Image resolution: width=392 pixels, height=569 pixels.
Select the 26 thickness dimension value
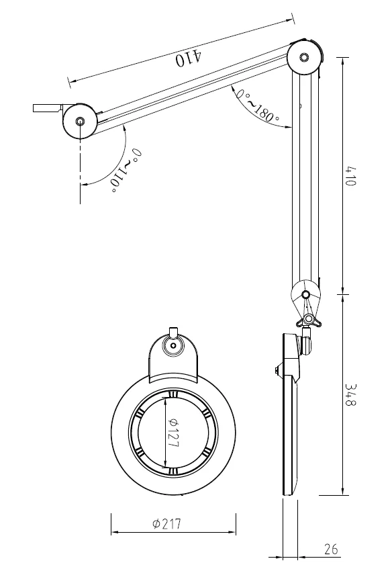coord(331,549)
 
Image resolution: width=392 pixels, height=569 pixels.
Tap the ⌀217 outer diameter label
coord(166,523)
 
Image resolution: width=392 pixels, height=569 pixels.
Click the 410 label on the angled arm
coord(189,58)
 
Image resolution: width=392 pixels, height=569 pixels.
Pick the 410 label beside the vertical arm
coord(350,176)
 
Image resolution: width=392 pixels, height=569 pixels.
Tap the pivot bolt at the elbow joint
coord(304,57)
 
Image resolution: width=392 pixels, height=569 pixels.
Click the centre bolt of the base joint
coord(80,121)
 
